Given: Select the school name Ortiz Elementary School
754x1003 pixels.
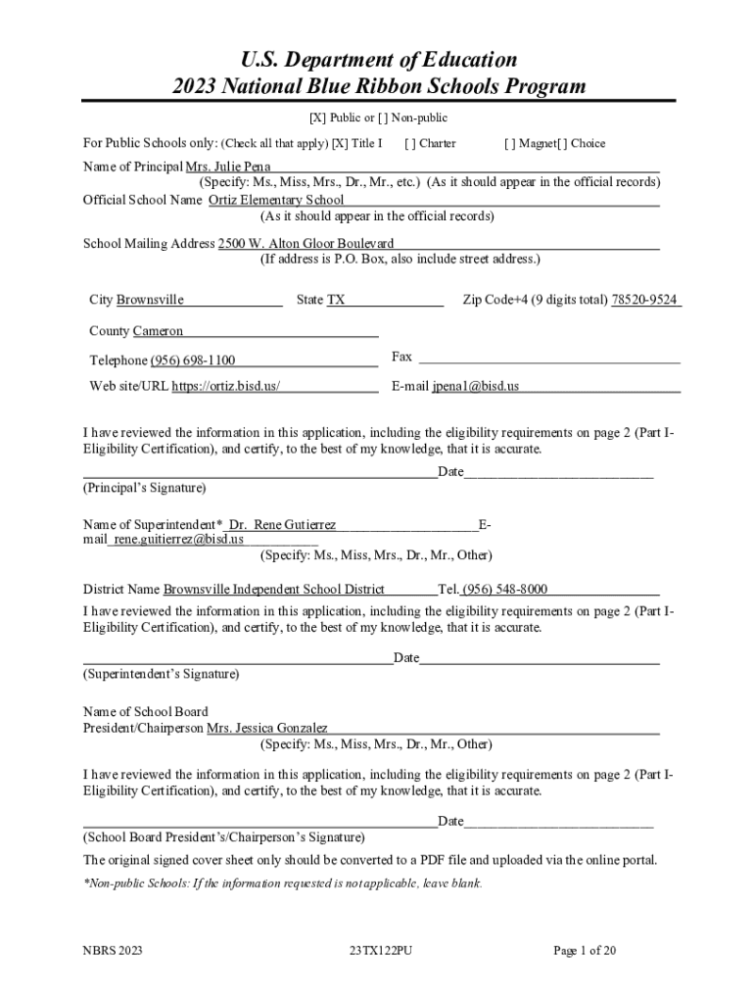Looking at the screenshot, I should point(276,200).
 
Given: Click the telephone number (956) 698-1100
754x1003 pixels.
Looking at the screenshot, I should point(193,360).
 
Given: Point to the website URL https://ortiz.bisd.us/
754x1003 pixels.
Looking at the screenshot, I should point(226,386).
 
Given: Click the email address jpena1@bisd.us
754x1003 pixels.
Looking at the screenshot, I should point(476,386).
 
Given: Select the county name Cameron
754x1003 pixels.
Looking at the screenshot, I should point(158,331).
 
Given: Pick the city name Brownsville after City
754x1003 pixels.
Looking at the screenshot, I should point(150,300).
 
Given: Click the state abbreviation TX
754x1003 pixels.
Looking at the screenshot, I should point(336,300).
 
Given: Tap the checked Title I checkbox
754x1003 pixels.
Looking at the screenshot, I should point(340,144).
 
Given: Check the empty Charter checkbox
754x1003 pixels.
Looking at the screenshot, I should point(409,144).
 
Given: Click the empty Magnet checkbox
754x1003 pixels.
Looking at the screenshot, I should point(509,144).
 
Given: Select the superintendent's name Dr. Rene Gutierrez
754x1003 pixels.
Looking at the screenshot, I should point(282,526).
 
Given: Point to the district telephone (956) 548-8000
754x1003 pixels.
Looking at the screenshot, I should point(505,590).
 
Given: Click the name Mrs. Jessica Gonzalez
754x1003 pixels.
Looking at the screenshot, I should point(266,729).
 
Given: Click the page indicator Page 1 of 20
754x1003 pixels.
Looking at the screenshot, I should point(585,950).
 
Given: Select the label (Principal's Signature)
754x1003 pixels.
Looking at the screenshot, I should point(144,487).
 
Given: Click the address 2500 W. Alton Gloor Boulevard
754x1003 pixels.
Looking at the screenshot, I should point(306,243).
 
